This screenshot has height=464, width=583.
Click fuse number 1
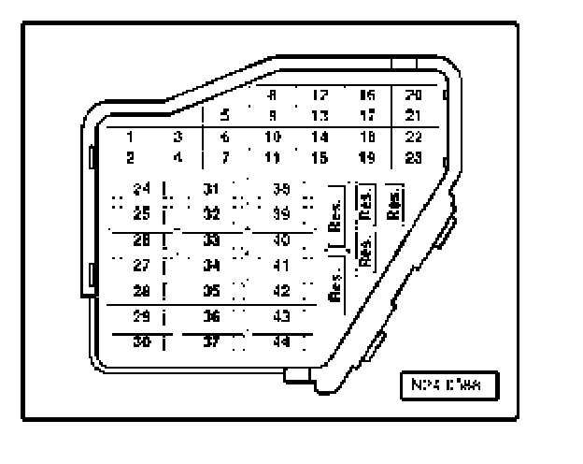tap(132, 137)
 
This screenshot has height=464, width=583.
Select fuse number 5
tap(224, 116)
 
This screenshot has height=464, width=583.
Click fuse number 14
tap(320, 137)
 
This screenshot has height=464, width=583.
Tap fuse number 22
tap(414, 137)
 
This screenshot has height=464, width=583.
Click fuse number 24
tap(142, 190)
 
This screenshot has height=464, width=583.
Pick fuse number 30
tap(142, 341)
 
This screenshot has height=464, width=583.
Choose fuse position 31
tap(212, 190)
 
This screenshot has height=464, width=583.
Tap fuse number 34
tap(212, 265)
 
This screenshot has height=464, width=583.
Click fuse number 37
tap(212, 341)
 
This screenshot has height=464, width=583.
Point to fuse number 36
tap(212, 316)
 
